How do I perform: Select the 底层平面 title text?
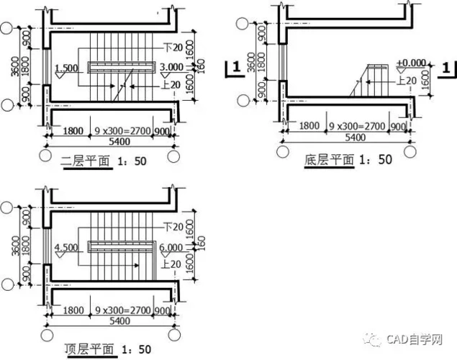point(329,159)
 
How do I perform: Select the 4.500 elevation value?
point(65,248)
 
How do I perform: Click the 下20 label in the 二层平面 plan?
point(172,47)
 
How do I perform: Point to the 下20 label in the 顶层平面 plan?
point(172,228)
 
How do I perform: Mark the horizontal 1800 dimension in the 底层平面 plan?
point(309,125)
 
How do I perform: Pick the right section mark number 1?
point(447,68)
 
